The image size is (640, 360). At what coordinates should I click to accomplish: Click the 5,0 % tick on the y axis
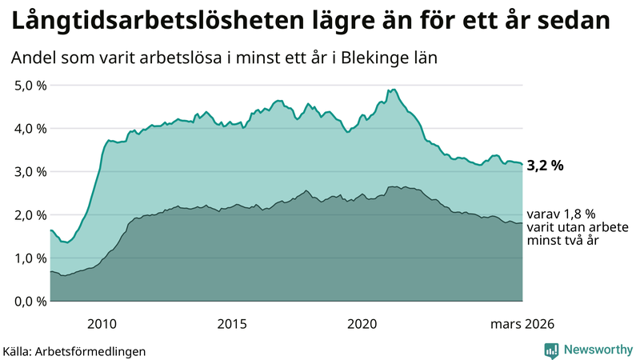click(30, 85)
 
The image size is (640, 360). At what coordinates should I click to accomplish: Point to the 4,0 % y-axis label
click(30, 128)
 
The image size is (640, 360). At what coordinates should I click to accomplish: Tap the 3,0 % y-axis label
click(30, 171)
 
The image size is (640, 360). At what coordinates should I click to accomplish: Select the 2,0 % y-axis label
click(30, 214)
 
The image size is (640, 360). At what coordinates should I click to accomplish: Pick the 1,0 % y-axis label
click(30, 258)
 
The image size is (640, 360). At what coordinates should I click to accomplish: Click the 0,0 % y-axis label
click(30, 301)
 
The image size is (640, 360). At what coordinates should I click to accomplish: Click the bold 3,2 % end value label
click(546, 166)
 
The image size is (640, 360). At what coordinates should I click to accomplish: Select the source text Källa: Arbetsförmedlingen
click(74, 350)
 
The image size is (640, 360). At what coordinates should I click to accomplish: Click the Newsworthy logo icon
click(551, 350)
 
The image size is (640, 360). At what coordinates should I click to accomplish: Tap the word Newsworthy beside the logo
click(597, 350)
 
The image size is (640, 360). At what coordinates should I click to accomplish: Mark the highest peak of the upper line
click(392, 90)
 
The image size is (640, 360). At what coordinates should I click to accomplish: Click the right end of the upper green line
click(522, 164)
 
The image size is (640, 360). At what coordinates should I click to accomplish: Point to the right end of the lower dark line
click(522, 223)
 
